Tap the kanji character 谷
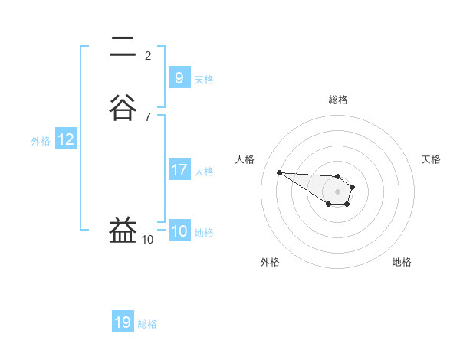click(x=124, y=108)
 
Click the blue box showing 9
click(x=179, y=77)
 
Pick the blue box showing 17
click(x=179, y=170)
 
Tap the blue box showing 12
click(x=66, y=139)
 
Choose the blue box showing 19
click(x=123, y=322)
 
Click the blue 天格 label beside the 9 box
click(x=204, y=79)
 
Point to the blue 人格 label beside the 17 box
click(x=204, y=172)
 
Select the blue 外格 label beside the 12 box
click(x=40, y=140)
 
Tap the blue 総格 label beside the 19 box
click(x=147, y=324)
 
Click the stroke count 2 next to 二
click(x=148, y=55)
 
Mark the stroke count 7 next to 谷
click(x=148, y=116)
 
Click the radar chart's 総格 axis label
click(x=337, y=100)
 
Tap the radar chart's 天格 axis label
click(x=431, y=159)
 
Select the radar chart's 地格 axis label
click(x=402, y=262)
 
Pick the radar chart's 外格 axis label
click(x=270, y=262)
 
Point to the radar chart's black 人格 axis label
click(x=245, y=159)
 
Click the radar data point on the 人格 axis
click(x=279, y=172)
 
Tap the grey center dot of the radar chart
click(x=337, y=191)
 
